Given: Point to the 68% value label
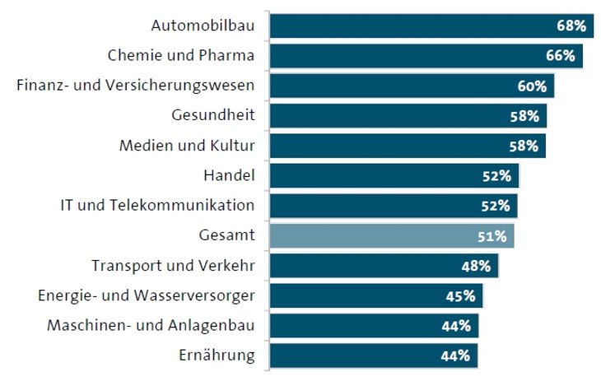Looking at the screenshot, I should click(571, 26).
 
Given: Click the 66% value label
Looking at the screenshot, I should click(560, 56).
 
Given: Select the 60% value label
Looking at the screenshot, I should click(532, 86).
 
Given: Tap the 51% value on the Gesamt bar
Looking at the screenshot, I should click(492, 236).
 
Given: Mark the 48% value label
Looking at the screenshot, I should click(476, 266).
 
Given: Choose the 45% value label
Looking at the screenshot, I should click(460, 296).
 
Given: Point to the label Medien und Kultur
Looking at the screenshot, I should click(187, 146).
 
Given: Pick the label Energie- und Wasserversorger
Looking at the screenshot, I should click(147, 296).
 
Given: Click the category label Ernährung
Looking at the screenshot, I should click(217, 355).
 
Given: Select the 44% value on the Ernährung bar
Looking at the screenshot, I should click(454, 355).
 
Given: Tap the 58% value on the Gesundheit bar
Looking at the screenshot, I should click(524, 116).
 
